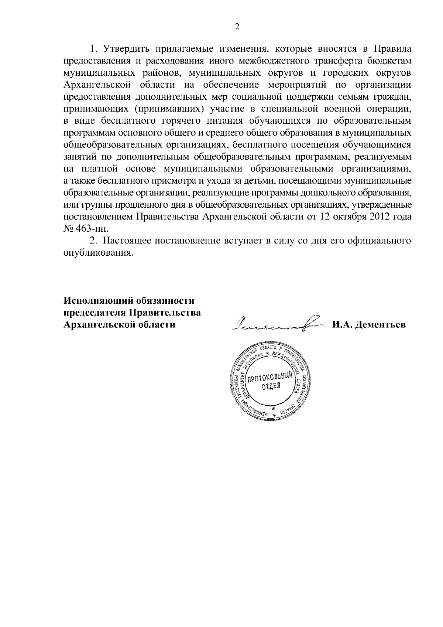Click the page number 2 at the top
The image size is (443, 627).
pos(237,27)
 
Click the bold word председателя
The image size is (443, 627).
pos(94,313)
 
